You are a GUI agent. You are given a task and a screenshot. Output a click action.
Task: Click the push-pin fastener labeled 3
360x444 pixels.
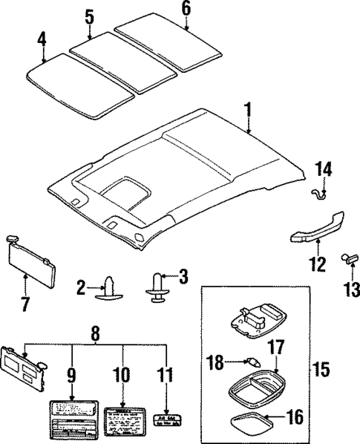tap(157, 286)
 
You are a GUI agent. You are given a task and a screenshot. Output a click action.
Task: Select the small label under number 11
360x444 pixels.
tap(168, 421)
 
